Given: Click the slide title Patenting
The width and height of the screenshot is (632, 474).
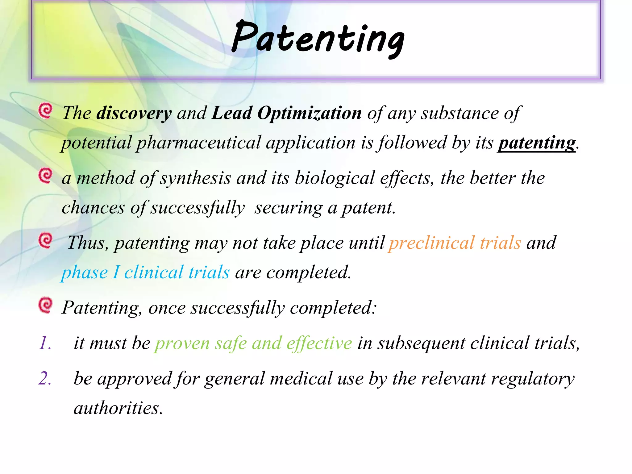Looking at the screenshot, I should (x=318, y=39).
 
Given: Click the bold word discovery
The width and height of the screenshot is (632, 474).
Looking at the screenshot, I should (x=134, y=113).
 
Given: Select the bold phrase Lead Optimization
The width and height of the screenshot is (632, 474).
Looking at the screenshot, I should (x=286, y=113).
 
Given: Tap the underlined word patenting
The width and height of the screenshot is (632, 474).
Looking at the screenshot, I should (x=536, y=143).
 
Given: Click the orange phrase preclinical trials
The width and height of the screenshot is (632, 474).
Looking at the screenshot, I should (x=455, y=243).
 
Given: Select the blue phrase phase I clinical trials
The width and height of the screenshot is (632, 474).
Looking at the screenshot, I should (x=145, y=272).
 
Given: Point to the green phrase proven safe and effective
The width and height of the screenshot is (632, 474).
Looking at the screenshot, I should (x=253, y=343).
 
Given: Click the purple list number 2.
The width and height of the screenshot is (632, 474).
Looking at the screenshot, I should (x=45, y=379).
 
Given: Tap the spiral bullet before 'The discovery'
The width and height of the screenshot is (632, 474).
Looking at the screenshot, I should (x=45, y=111).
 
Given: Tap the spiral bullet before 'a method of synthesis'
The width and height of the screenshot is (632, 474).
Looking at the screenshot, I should (x=45, y=176).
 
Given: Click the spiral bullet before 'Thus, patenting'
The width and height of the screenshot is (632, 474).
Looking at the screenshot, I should (x=45, y=240).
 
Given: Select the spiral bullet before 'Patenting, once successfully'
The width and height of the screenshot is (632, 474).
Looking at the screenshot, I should (x=45, y=305).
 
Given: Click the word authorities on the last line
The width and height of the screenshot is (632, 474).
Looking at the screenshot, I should (x=118, y=408).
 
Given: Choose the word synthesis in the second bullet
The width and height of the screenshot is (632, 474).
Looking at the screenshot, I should (x=195, y=178).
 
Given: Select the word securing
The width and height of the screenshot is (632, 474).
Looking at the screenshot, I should (x=288, y=208).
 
